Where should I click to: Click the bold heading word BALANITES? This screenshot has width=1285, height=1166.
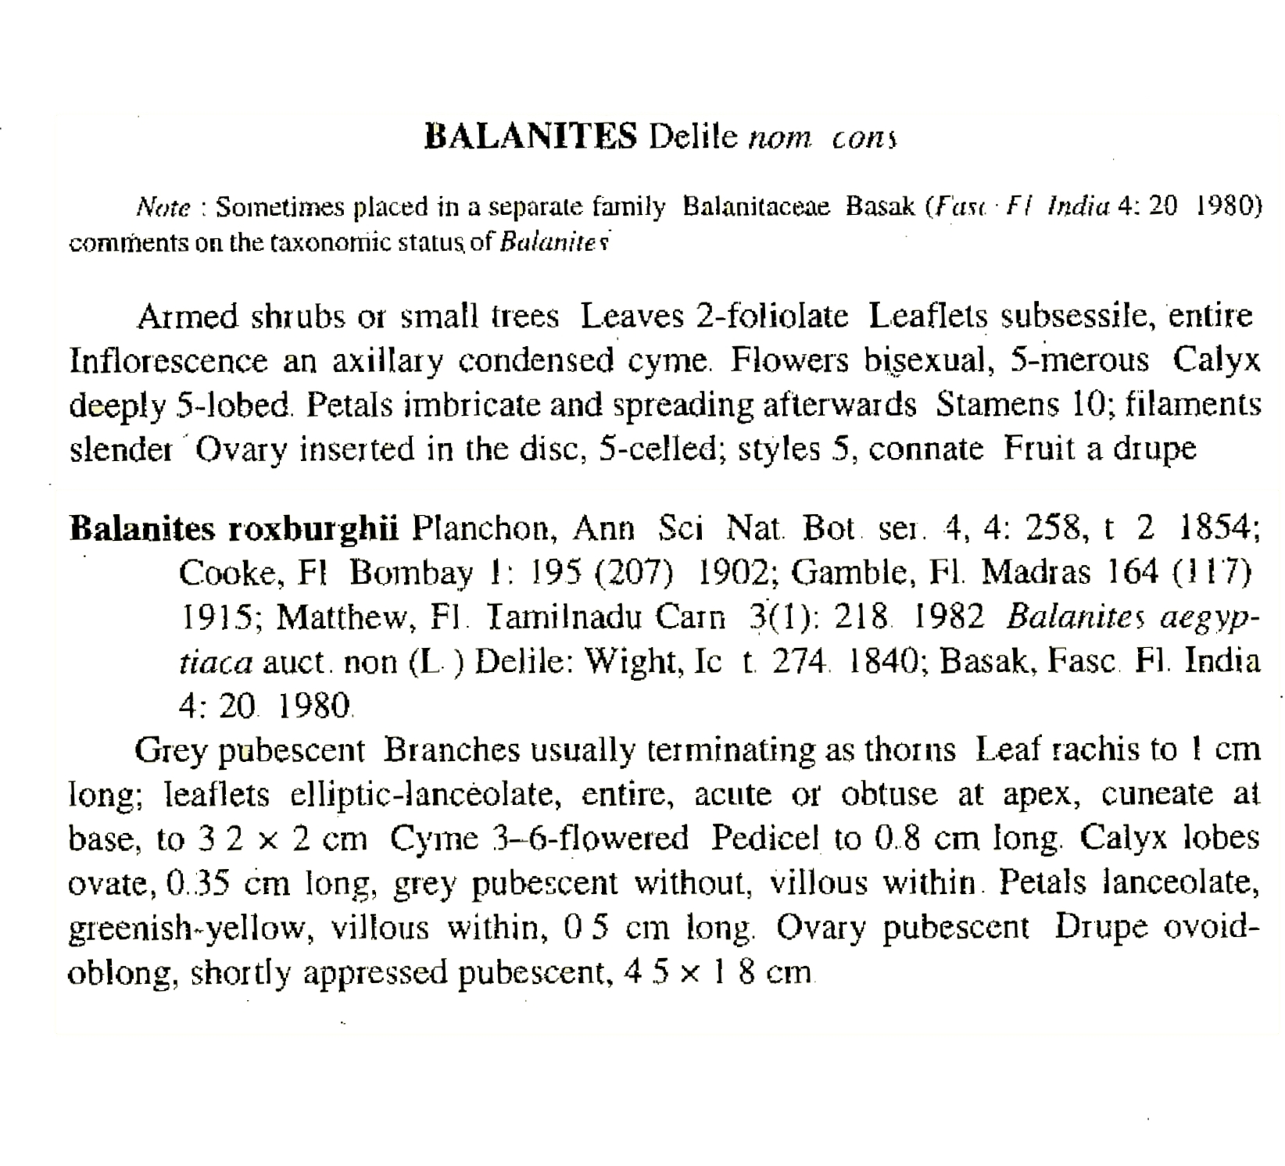click(x=531, y=138)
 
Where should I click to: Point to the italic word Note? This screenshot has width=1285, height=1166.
click(x=163, y=208)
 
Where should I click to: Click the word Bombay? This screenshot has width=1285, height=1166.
click(x=410, y=574)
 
